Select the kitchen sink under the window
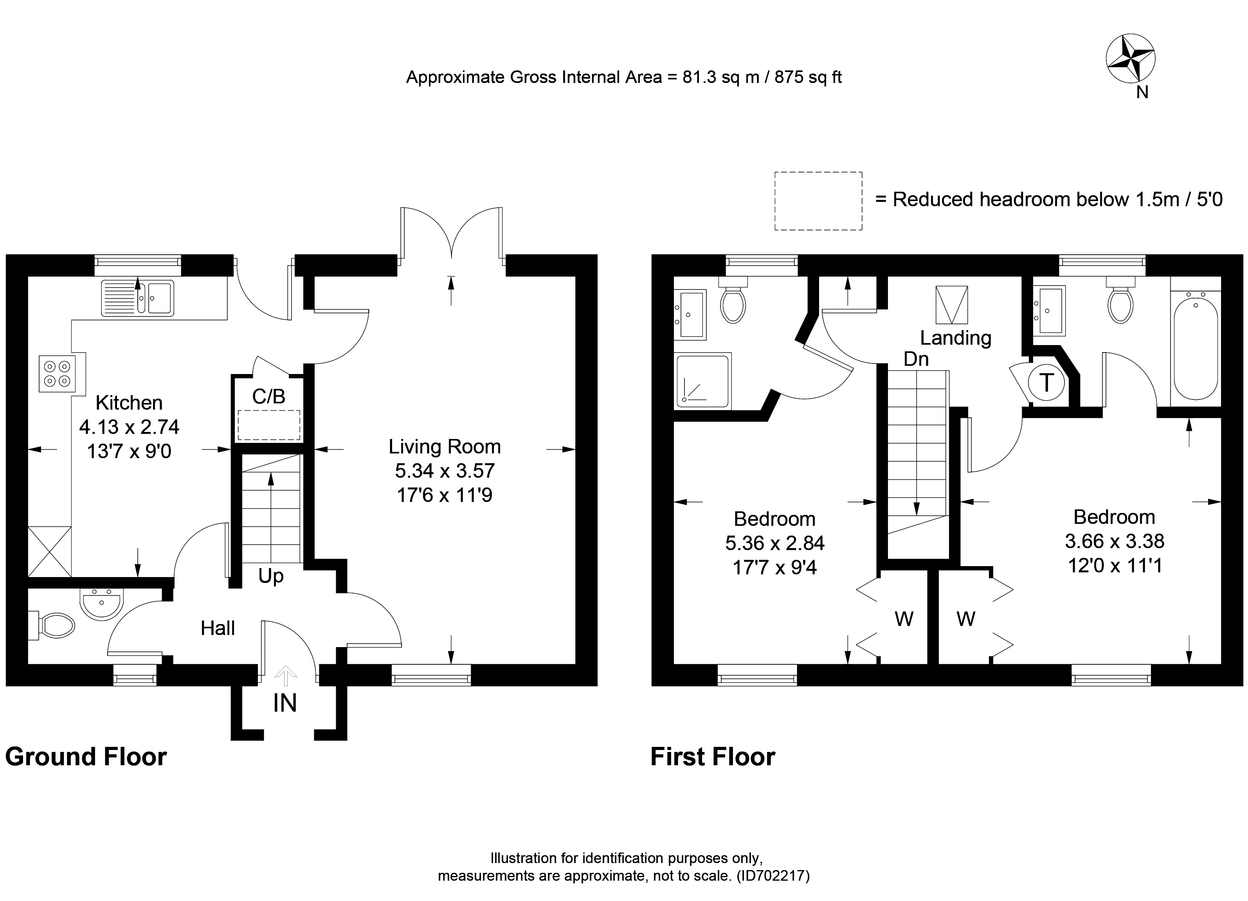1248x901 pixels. pos(138,298)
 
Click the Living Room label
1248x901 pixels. pos(445,447)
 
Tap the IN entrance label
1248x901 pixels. pos(285,703)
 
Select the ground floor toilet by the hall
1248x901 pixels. pos(55,626)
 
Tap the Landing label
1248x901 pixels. pos(955,338)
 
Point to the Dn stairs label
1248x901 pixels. pos(916,359)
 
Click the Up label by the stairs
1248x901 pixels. pos(271,576)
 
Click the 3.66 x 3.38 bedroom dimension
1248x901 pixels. pos(1114,541)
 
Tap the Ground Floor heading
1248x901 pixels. pos(86,757)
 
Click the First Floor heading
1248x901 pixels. pos(713,757)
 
